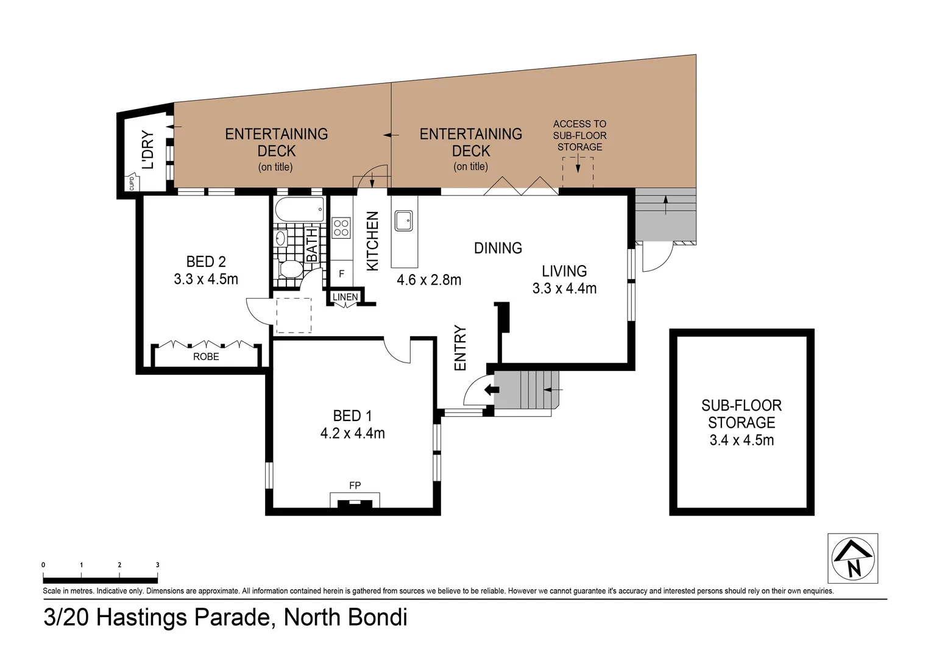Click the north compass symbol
(852, 559)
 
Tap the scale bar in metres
(100, 580)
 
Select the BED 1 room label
(352, 416)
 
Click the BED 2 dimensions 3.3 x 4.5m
(206, 280)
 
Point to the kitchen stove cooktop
(341, 228)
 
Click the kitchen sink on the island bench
(403, 221)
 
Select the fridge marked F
(341, 274)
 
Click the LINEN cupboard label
(345, 297)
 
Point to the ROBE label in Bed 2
(206, 356)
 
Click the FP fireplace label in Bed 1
(355, 486)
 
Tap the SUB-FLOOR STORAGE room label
(742, 414)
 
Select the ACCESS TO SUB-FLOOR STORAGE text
(579, 135)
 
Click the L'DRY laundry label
(148, 150)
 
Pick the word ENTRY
(461, 348)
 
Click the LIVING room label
(564, 271)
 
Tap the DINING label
(498, 248)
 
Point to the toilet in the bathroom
(291, 269)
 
